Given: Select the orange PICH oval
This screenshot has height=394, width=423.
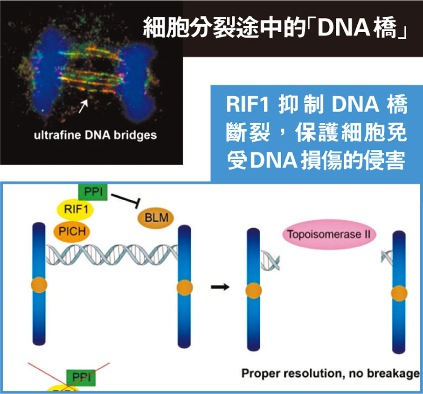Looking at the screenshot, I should point(72,231).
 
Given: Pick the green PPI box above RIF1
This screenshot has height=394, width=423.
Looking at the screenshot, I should point(93,191).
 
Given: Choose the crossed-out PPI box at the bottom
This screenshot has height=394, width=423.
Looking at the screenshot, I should point(81,376).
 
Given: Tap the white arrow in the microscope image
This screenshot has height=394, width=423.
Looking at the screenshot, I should point(83,106).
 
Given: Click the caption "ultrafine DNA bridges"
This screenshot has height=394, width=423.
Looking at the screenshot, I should point(95,136).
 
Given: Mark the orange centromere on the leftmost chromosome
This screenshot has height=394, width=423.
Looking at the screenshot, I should point(39,285).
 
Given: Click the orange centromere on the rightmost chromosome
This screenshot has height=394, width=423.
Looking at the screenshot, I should point(399,293).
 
